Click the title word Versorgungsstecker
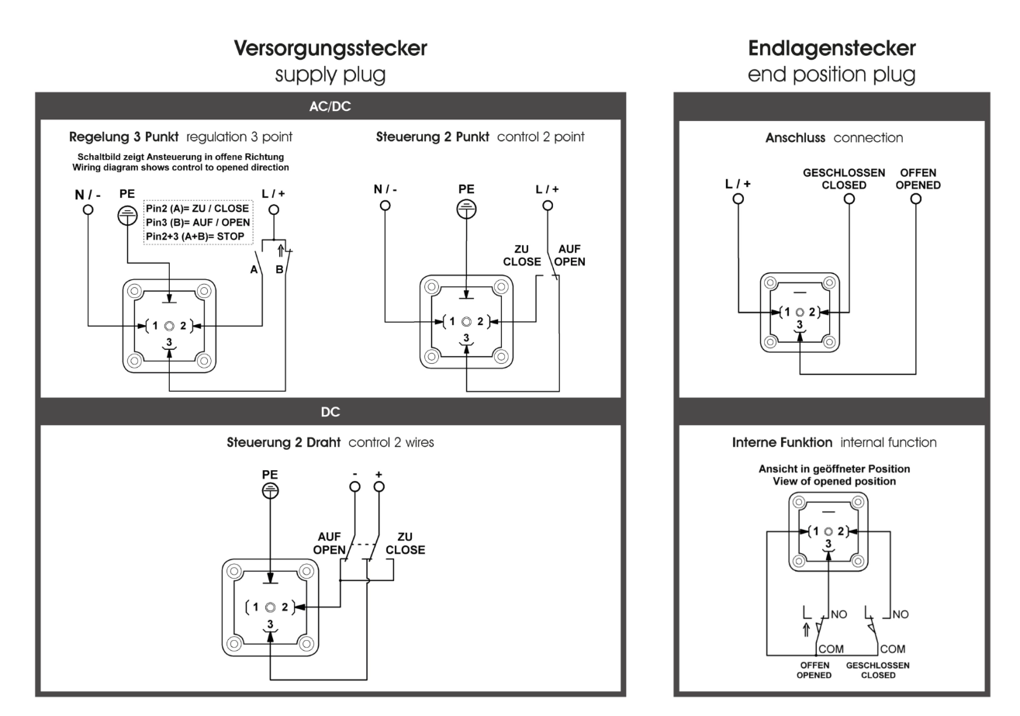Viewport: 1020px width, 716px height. point(330,49)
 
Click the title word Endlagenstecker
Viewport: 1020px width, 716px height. point(832,48)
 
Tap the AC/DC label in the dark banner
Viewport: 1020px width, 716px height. point(330,106)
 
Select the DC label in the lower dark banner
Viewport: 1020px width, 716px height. point(330,412)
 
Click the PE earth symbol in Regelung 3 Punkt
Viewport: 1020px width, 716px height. point(127,216)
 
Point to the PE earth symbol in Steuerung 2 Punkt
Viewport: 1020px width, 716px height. point(466,209)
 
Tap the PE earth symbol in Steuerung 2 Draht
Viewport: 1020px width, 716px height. point(270,491)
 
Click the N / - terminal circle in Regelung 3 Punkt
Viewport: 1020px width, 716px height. point(88,209)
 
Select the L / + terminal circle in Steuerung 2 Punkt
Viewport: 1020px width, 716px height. point(548,206)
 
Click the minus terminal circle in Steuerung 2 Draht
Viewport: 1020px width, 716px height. point(354,487)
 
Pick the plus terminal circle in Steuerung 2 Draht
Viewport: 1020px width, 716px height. point(379,487)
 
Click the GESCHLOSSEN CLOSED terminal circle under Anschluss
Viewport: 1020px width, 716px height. point(849,199)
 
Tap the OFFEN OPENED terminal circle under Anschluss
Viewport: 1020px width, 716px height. point(916,199)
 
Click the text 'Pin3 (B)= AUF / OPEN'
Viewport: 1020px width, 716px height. point(198,223)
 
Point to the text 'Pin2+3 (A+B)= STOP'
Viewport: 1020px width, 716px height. point(195,237)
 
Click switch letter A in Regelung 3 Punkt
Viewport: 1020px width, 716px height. point(254,270)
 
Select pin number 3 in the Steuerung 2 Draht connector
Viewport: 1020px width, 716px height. point(270,624)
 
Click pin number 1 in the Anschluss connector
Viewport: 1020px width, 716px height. point(787,313)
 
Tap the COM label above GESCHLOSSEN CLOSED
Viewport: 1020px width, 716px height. point(893,649)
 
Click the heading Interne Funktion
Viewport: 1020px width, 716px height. point(782,443)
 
